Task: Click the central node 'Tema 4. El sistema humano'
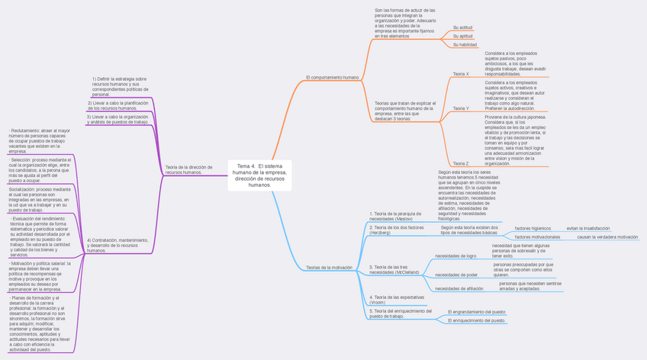tap(259, 175)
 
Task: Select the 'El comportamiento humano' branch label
tap(332, 78)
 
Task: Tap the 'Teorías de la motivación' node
tap(330, 268)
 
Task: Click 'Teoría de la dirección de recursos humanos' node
tap(188, 169)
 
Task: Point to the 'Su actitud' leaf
tap(462, 27)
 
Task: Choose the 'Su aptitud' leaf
tap(462, 36)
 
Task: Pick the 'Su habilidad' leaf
tap(465, 45)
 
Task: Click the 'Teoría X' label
tap(461, 74)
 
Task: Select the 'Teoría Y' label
tap(461, 108)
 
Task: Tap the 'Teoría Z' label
tap(461, 163)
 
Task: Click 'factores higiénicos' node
tap(533, 228)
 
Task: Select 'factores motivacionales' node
tap(537, 237)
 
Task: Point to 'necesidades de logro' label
tap(455, 256)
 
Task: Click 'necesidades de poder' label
tap(456, 275)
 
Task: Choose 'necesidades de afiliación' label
tap(459, 289)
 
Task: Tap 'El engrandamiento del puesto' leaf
tap(477, 312)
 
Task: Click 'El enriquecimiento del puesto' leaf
tap(477, 321)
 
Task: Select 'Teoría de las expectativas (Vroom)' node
tap(397, 300)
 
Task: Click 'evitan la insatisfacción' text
tap(588, 228)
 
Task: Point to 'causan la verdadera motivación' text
tap(607, 237)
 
